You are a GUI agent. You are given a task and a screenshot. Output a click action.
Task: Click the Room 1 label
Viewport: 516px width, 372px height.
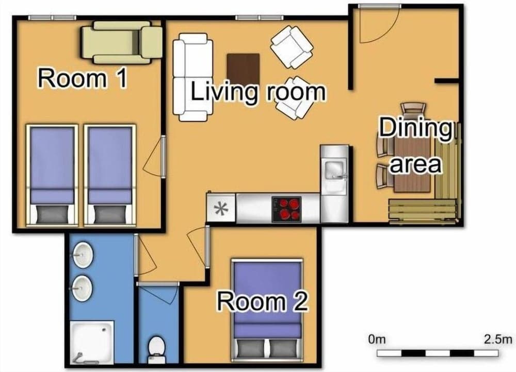point(83,79)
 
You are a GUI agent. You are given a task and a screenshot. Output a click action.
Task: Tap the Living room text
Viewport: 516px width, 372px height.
point(259,92)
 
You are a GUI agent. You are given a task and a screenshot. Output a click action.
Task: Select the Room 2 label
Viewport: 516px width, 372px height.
point(263,301)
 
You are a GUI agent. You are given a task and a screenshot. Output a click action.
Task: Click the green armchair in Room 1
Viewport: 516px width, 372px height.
point(122,42)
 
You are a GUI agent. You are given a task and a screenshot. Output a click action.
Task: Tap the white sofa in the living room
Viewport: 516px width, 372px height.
point(192,77)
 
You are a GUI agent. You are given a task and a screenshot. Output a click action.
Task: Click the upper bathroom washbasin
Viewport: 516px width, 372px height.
point(82,256)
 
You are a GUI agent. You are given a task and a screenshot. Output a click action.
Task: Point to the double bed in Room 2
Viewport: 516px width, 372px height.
point(267,309)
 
